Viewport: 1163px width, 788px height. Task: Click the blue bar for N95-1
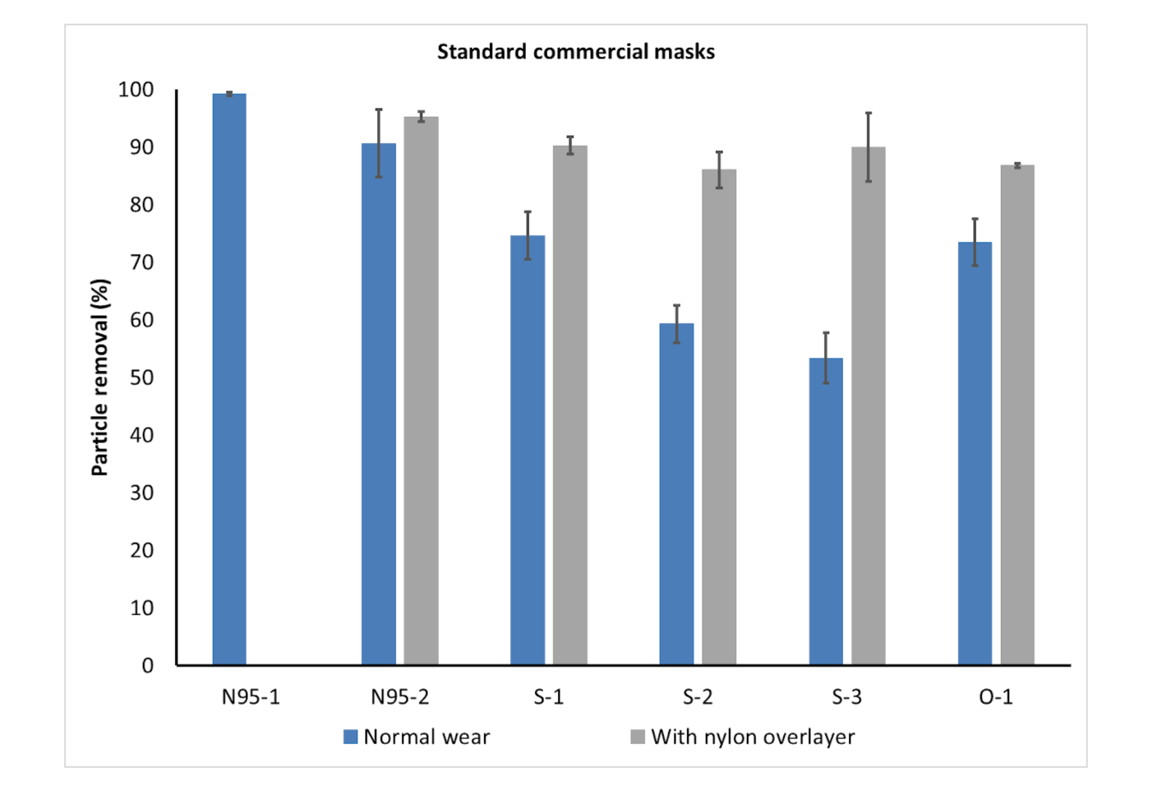point(229,379)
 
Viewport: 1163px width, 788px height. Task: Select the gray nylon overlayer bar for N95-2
point(421,391)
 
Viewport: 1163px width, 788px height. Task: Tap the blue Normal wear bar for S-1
point(527,450)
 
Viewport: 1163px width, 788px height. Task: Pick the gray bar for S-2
point(719,417)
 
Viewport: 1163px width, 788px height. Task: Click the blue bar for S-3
point(826,511)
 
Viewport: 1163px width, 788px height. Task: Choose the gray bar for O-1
point(1017,415)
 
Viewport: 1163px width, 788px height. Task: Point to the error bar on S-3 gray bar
point(868,147)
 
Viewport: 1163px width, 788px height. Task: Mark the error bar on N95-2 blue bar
point(378,143)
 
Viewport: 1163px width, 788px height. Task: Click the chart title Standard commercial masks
point(576,52)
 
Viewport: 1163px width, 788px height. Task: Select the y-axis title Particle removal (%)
point(100,377)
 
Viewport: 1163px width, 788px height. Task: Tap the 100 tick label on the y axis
point(136,90)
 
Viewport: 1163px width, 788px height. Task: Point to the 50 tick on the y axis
point(142,378)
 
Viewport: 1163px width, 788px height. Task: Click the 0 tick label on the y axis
point(148,666)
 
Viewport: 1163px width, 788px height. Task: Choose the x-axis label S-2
point(697,697)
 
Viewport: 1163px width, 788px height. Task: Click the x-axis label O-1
point(996,697)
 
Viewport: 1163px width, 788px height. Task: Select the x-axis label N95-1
point(251,697)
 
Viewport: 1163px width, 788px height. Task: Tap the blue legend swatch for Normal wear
point(351,737)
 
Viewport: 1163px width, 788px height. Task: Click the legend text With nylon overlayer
point(752,737)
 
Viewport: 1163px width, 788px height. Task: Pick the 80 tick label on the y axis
point(142,205)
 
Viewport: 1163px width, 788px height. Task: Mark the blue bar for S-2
point(676,494)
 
